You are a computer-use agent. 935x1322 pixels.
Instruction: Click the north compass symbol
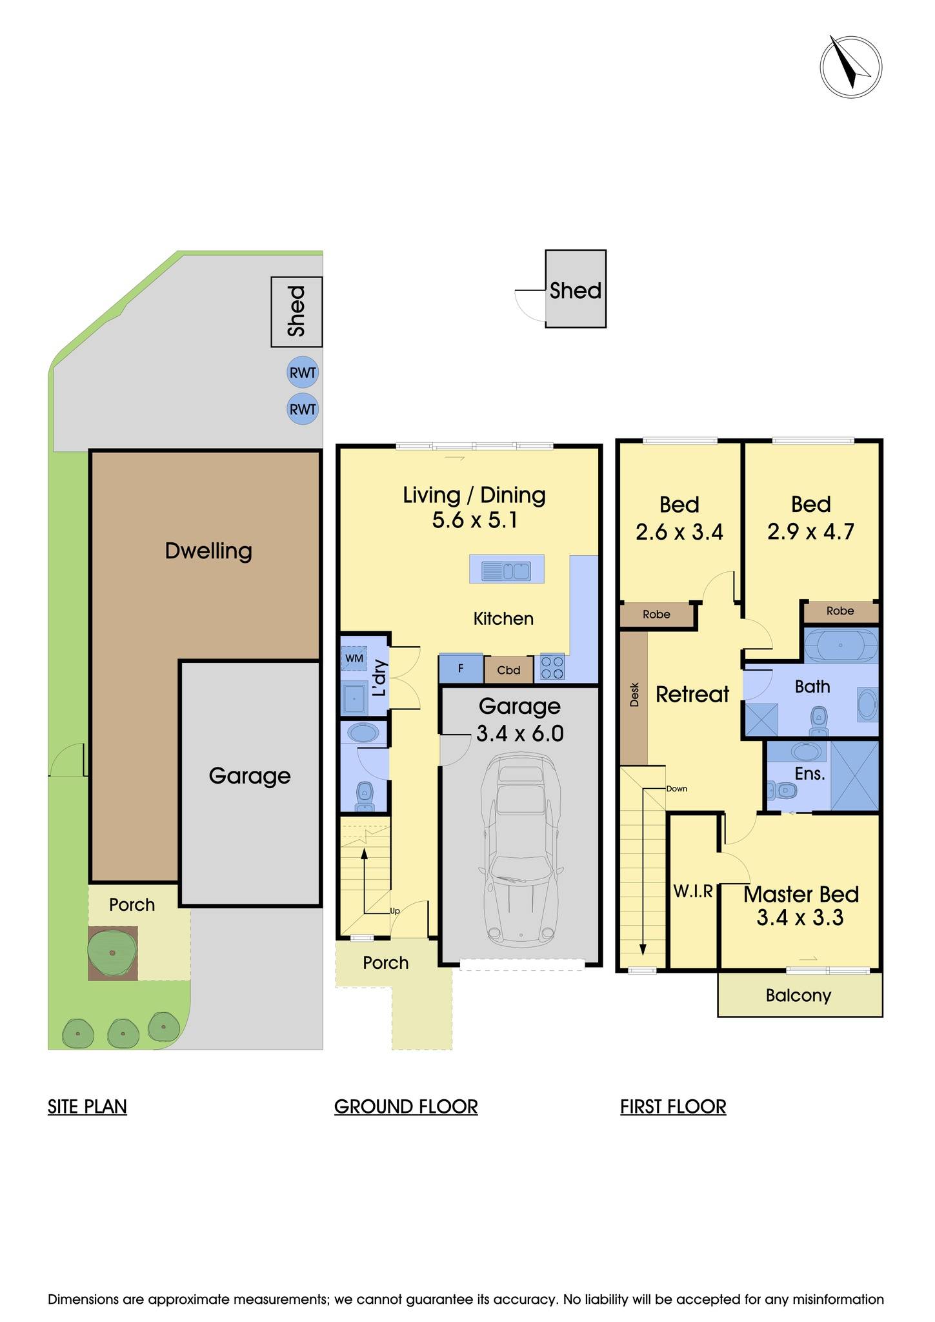(x=850, y=67)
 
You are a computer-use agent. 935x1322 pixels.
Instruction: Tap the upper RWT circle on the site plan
(x=303, y=372)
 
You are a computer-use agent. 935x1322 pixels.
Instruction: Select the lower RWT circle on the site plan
(x=303, y=409)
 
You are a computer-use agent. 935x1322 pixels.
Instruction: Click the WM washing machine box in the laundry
(x=354, y=658)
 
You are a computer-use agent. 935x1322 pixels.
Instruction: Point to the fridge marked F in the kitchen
(x=461, y=669)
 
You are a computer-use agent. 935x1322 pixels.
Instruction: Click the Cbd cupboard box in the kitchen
(x=508, y=670)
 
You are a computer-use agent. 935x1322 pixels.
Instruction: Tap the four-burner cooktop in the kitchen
(x=552, y=667)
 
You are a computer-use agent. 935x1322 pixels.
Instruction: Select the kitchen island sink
(x=507, y=569)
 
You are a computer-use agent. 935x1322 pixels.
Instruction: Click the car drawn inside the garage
(x=520, y=852)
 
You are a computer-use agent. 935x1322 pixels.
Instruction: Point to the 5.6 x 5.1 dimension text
(x=475, y=520)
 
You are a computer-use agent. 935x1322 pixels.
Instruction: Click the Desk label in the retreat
(x=634, y=695)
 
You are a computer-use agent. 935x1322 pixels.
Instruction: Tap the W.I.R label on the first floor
(x=693, y=891)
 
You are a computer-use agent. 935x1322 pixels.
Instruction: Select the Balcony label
(x=798, y=995)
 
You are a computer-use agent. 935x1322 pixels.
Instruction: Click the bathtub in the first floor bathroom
(x=840, y=645)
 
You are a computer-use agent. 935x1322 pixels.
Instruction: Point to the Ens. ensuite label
(x=810, y=773)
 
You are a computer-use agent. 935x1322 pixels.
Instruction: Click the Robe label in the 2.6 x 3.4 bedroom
(x=656, y=615)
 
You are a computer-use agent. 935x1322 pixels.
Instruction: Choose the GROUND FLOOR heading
(x=406, y=1106)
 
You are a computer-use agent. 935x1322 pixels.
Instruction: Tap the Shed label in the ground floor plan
(x=576, y=290)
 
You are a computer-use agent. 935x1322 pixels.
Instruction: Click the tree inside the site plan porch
(x=112, y=953)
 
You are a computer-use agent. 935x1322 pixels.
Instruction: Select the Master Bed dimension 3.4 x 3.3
(x=800, y=917)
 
